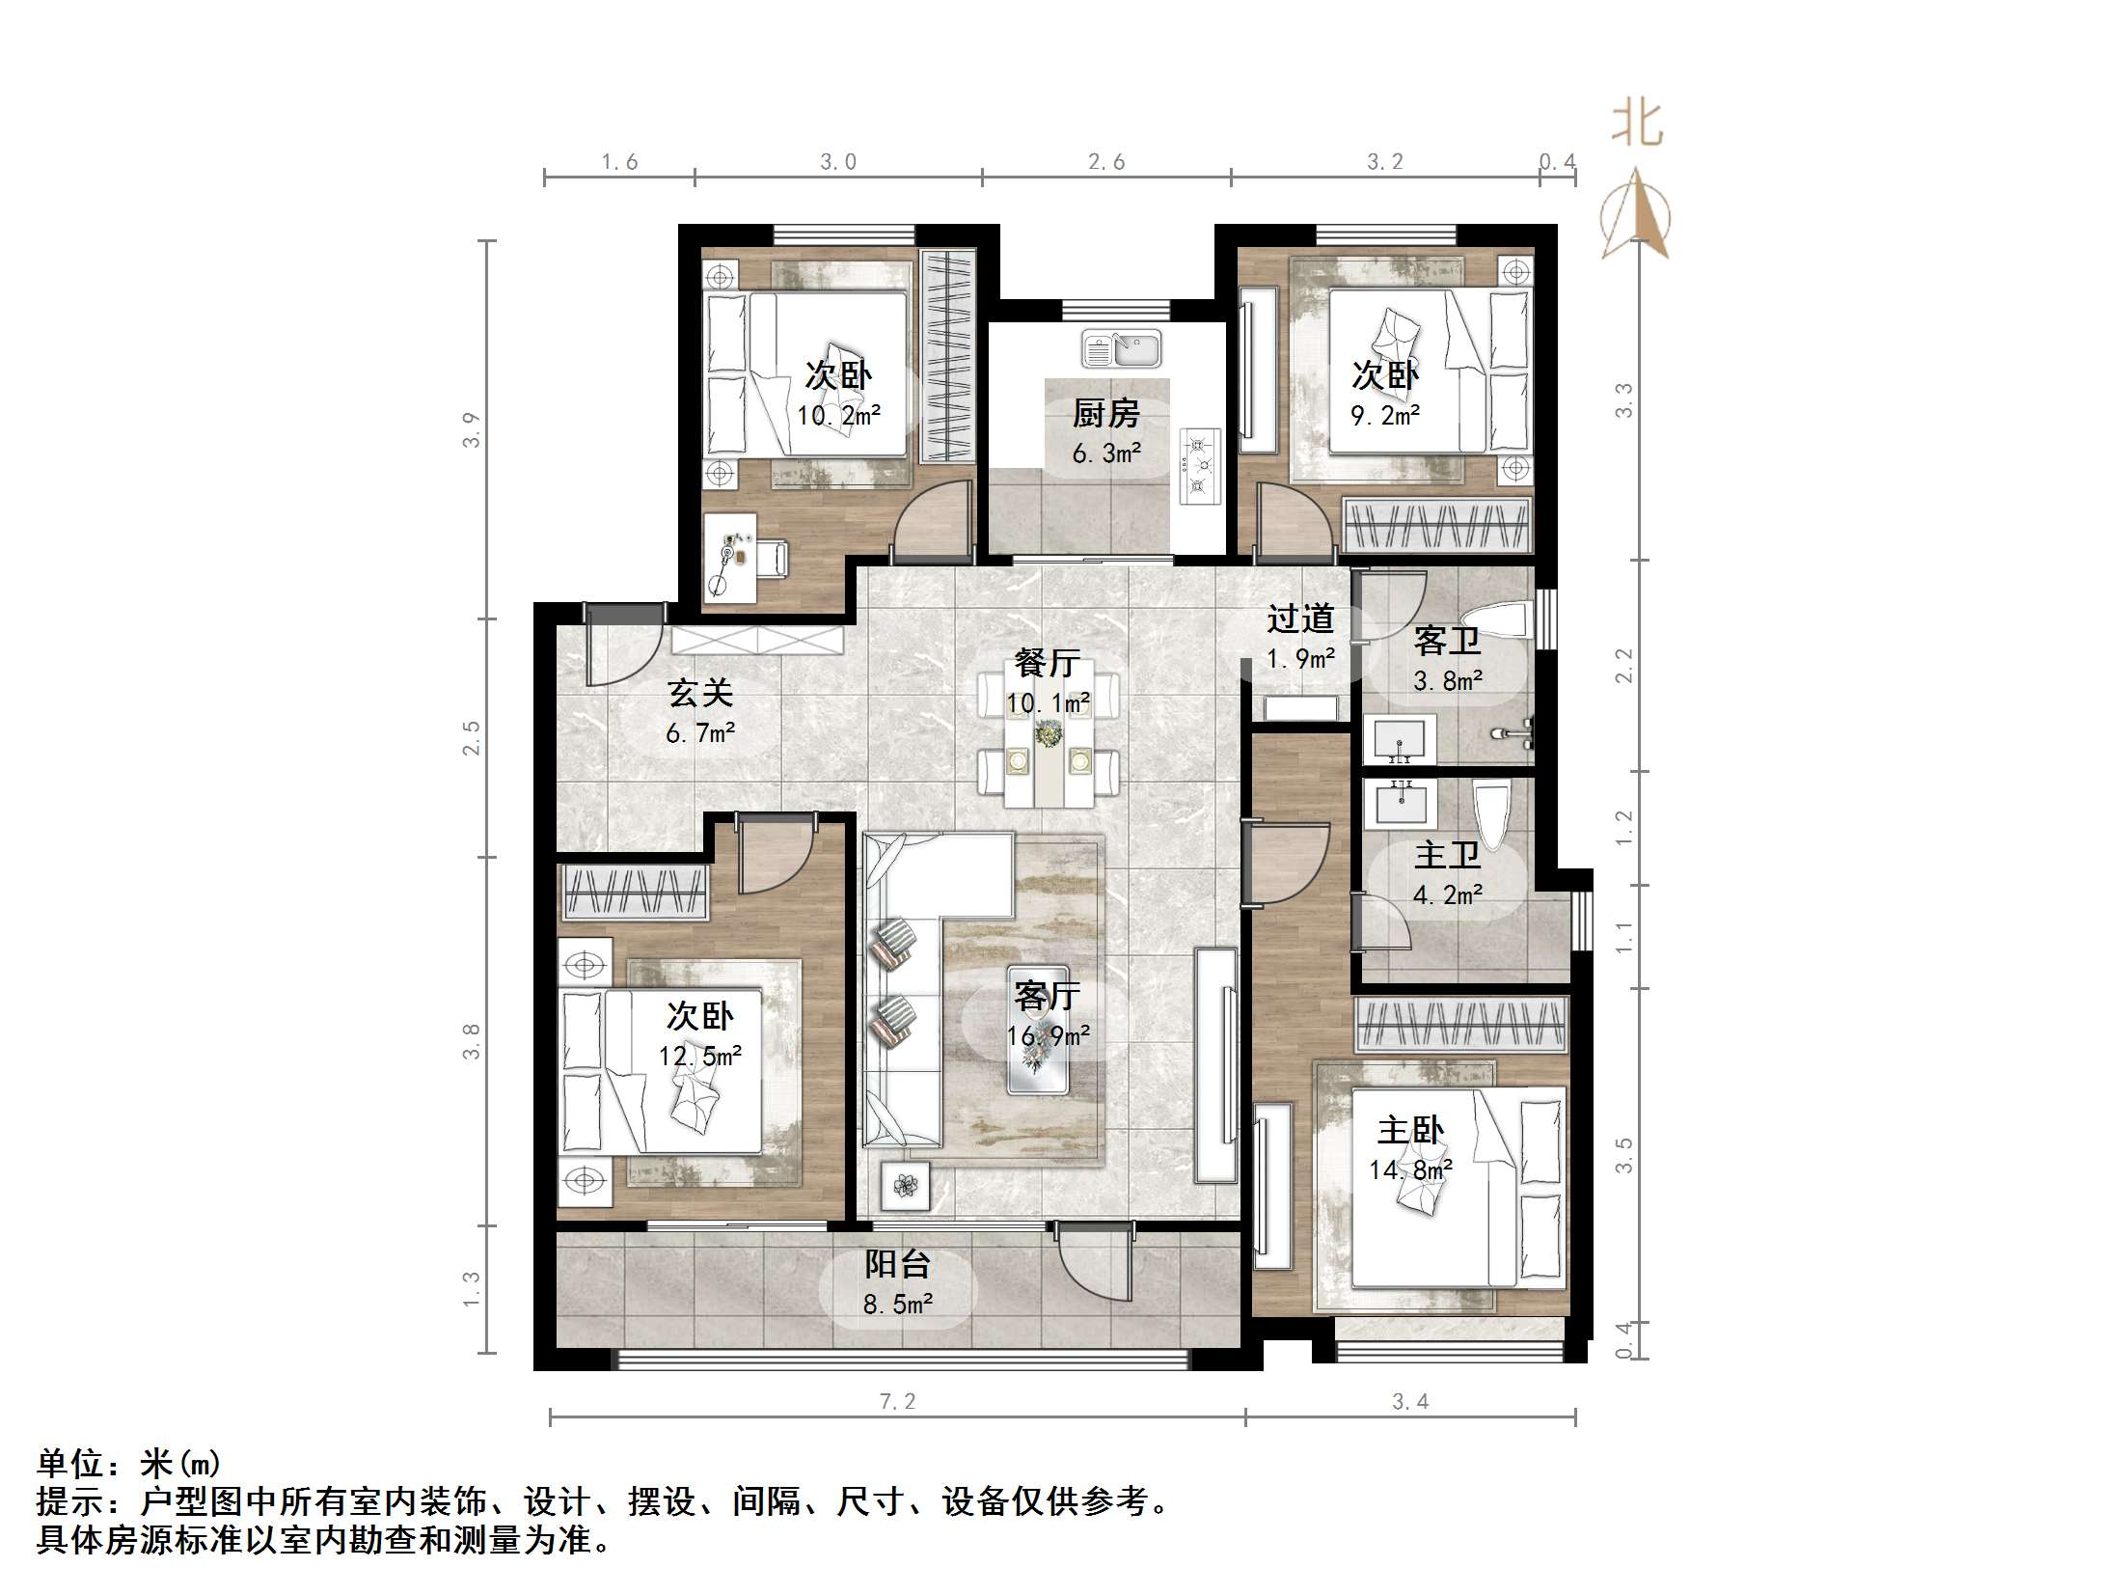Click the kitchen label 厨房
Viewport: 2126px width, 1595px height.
click(1105, 414)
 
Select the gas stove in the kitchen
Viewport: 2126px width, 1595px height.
click(1199, 466)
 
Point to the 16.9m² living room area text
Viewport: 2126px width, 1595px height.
click(1048, 1036)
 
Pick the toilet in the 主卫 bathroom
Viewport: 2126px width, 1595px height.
click(1491, 814)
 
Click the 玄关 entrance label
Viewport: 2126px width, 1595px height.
click(700, 693)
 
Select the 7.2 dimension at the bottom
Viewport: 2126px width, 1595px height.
click(897, 1401)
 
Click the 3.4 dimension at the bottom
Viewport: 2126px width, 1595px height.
click(1410, 1401)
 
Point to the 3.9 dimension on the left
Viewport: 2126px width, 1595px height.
click(471, 430)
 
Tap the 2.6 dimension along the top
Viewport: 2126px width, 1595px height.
click(1106, 162)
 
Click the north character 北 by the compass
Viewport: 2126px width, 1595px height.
click(1638, 125)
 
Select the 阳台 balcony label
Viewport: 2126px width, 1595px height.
click(897, 1264)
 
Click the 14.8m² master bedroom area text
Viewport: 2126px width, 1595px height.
click(1410, 1170)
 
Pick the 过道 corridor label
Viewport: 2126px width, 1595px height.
click(1300, 619)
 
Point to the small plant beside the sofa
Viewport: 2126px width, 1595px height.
click(905, 1186)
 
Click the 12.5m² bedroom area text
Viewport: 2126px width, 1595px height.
click(699, 1057)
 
